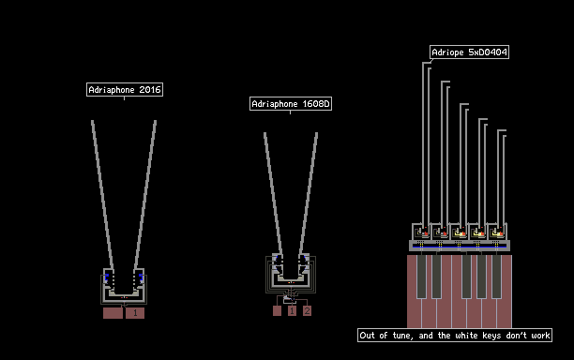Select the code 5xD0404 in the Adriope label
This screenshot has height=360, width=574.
(x=488, y=52)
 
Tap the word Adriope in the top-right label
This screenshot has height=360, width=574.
(x=447, y=52)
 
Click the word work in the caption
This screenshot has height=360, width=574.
(x=540, y=336)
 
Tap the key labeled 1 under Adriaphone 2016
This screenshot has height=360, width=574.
(x=135, y=313)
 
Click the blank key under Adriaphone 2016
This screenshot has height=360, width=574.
(x=113, y=313)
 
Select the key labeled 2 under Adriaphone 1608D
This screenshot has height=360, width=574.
(x=307, y=310)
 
